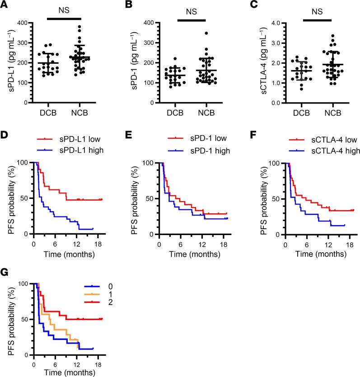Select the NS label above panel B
191,9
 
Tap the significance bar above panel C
317,20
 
